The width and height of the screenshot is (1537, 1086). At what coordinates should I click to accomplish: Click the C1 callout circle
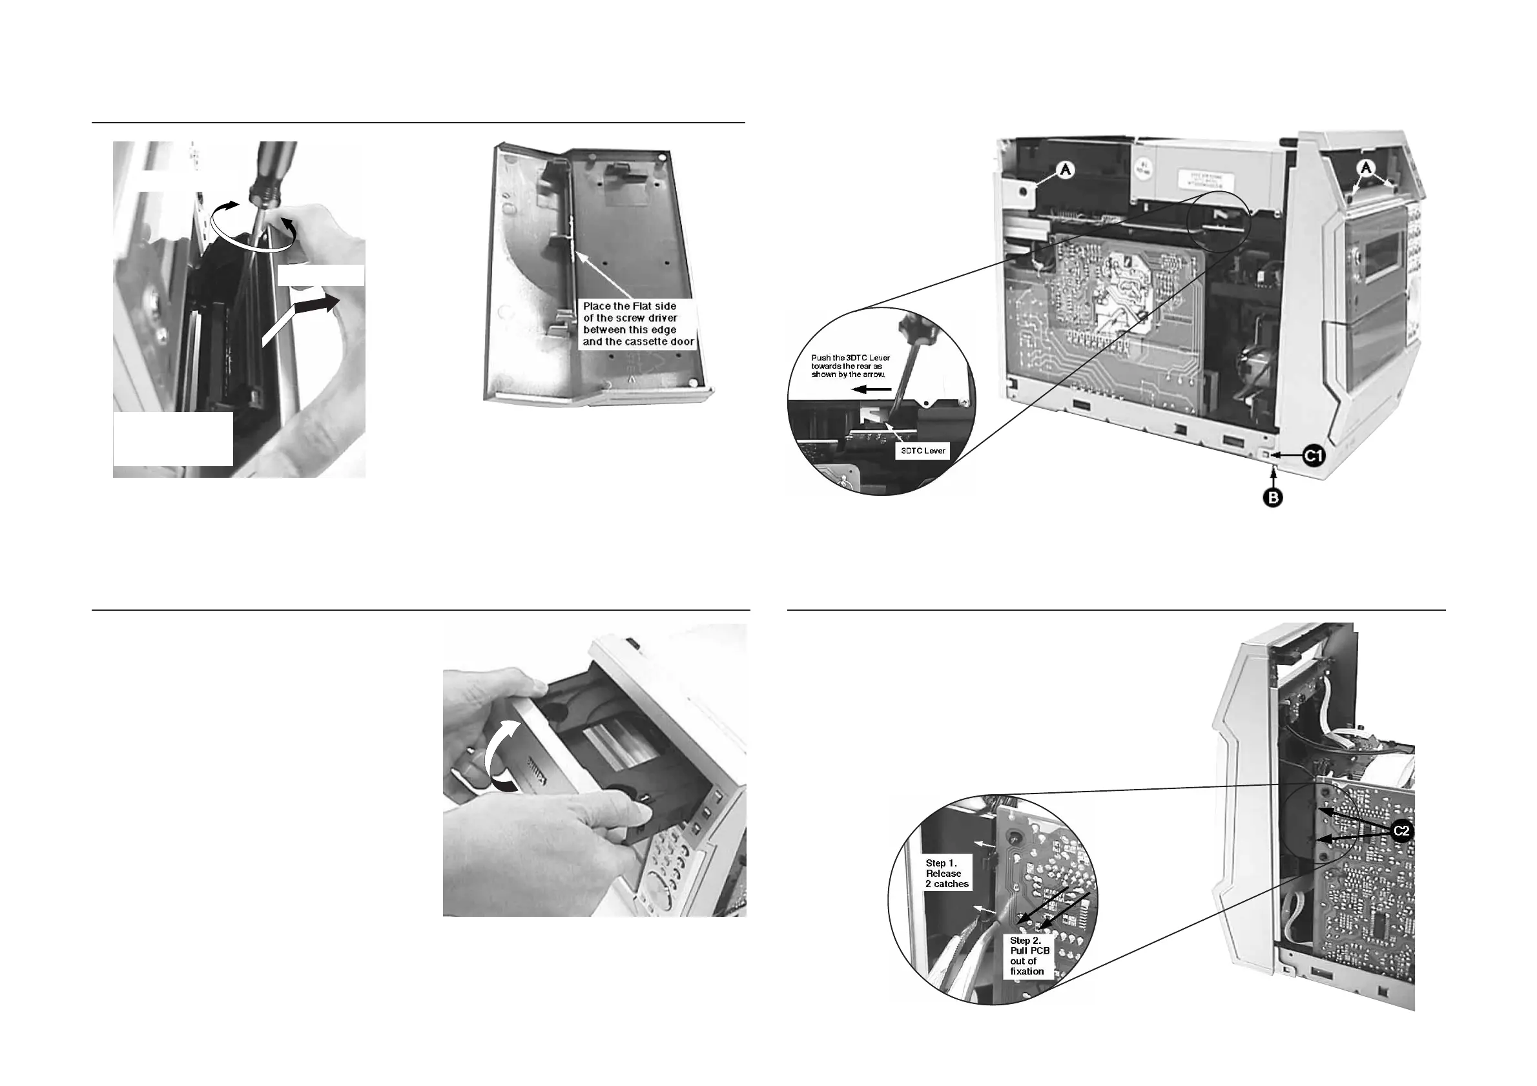pos(1313,456)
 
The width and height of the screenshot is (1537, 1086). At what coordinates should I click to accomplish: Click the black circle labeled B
pos(1273,498)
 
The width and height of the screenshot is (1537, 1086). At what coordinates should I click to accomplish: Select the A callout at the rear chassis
pos(1066,170)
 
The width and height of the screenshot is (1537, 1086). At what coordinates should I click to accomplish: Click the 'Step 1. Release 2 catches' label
pos(947,873)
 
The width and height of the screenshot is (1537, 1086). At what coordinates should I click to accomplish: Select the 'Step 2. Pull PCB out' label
pos(1029,956)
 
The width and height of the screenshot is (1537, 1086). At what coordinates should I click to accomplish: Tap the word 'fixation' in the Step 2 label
pos(1027,972)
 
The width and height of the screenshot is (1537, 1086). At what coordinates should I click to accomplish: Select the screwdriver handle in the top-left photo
pos(274,167)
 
